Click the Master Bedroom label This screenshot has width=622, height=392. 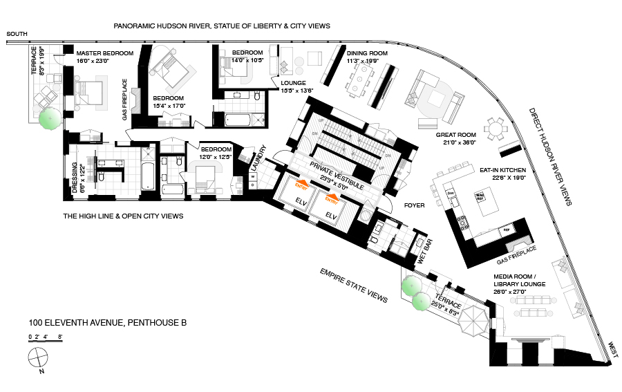pos(104,53)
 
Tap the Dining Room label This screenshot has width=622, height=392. pos(367,53)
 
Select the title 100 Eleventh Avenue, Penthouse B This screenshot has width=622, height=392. pos(107,322)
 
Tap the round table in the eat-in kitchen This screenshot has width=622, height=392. pos(495,129)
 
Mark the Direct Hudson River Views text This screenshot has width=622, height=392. pos(550,156)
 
